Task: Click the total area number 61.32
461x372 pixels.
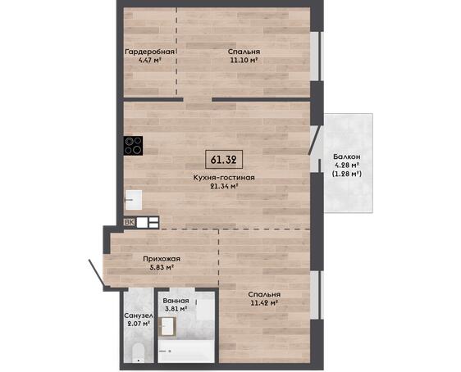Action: (224, 160)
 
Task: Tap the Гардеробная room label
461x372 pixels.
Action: (150, 52)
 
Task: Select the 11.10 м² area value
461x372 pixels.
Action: (244, 60)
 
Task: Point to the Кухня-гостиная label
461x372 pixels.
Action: (224, 178)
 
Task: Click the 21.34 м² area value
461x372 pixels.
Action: (224, 186)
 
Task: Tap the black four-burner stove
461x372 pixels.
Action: (133, 146)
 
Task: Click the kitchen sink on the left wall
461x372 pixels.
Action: (134, 200)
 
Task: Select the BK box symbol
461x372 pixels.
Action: (130, 222)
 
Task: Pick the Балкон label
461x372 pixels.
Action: (347, 157)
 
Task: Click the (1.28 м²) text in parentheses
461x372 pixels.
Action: (347, 174)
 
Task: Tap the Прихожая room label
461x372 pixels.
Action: (162, 259)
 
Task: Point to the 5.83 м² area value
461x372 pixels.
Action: (161, 267)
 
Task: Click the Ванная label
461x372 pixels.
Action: (176, 301)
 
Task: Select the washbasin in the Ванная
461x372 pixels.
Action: (167, 326)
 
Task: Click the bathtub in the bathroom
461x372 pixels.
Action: (186, 352)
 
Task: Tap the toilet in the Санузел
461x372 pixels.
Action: (138, 353)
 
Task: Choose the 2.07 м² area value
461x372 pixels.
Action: (137, 324)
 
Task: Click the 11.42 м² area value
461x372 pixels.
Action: (264, 302)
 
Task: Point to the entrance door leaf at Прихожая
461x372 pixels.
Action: (96, 272)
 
